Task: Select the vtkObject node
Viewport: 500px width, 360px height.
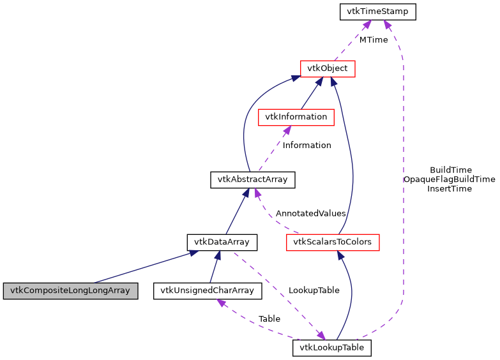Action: point(327,68)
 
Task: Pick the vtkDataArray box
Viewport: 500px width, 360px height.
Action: point(222,243)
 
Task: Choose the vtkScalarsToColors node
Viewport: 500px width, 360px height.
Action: point(333,243)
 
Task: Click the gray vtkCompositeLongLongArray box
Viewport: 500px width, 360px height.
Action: point(70,291)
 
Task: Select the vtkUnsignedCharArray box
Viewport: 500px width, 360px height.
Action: point(208,291)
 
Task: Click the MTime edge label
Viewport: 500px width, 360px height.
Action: point(373,40)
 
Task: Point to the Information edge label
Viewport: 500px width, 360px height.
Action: point(307,146)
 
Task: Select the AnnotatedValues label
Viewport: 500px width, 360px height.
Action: point(310,213)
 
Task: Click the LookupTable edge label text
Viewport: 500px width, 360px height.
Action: point(313,290)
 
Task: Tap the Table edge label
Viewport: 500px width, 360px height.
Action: point(269,319)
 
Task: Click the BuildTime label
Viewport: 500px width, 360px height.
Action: point(450,170)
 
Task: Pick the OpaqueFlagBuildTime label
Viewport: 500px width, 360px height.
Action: point(449,179)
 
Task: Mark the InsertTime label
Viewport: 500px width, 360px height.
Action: point(450,188)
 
